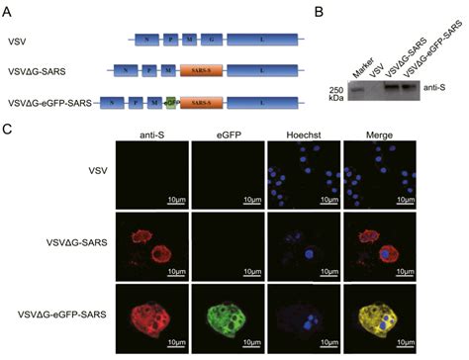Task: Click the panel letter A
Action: coord(10,9)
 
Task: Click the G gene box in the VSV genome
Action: coord(205,40)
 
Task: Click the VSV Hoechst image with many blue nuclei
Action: coord(303,174)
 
